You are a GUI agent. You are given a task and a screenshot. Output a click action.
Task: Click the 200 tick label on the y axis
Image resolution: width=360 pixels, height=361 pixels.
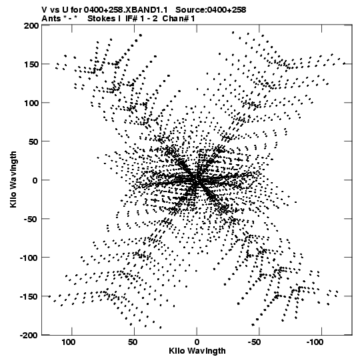(x=31, y=25)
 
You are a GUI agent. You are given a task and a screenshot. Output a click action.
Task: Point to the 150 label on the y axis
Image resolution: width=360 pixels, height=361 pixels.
(x=31, y=64)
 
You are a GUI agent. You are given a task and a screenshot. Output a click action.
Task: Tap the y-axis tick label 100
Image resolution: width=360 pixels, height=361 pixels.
(x=31, y=103)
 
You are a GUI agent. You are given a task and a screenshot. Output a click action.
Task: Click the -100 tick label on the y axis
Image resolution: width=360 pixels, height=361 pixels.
(x=29, y=258)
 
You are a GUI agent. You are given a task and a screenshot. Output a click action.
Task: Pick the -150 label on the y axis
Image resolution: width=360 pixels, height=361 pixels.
(x=29, y=296)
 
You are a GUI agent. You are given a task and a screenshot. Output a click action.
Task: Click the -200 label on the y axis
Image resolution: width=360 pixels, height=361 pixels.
(x=29, y=335)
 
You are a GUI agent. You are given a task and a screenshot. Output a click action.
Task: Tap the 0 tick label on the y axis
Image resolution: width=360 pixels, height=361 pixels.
(x=35, y=180)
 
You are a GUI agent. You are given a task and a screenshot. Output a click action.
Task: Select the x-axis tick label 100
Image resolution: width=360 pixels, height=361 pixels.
(x=68, y=342)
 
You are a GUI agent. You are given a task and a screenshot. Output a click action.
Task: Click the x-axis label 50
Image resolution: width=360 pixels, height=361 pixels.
(x=133, y=342)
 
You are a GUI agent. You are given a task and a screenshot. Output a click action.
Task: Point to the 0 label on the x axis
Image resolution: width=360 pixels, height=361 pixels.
(x=197, y=342)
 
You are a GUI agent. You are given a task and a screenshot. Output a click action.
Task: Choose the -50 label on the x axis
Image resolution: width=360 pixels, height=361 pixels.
(x=254, y=342)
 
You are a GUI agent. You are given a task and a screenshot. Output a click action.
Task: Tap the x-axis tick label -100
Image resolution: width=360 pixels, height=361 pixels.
(x=315, y=342)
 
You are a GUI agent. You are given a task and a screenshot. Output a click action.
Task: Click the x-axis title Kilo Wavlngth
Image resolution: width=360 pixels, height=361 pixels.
(x=197, y=351)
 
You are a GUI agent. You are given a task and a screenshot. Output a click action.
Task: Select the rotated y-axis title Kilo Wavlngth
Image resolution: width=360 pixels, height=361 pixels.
(x=13, y=179)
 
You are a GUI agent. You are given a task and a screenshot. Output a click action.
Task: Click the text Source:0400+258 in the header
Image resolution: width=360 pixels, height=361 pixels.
(x=211, y=9)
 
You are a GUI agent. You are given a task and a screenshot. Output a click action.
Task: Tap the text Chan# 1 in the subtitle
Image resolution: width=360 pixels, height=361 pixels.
(x=179, y=19)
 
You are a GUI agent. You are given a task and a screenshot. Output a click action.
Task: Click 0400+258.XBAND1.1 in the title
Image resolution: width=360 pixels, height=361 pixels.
(x=125, y=9)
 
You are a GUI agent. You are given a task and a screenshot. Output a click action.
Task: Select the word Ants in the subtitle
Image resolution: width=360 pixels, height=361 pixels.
(x=51, y=19)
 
